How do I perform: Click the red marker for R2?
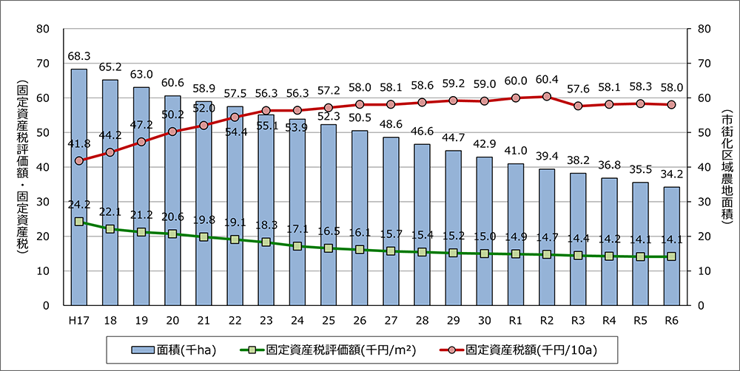click(547, 96)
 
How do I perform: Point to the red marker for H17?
click(79, 160)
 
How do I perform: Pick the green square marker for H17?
click(79, 222)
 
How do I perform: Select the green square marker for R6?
click(671, 256)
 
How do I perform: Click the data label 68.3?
click(79, 55)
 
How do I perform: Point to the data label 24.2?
click(79, 205)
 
